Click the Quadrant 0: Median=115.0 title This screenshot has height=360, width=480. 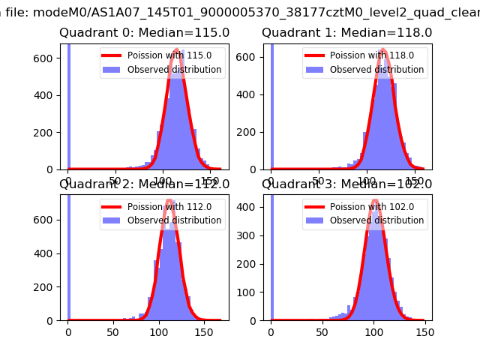(145, 33)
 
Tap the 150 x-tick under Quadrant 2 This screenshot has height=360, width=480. (204, 331)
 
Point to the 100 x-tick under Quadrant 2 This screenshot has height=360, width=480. (159, 331)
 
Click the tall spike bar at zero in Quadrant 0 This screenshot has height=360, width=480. (69, 105)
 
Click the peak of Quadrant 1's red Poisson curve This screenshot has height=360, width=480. (382, 50)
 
